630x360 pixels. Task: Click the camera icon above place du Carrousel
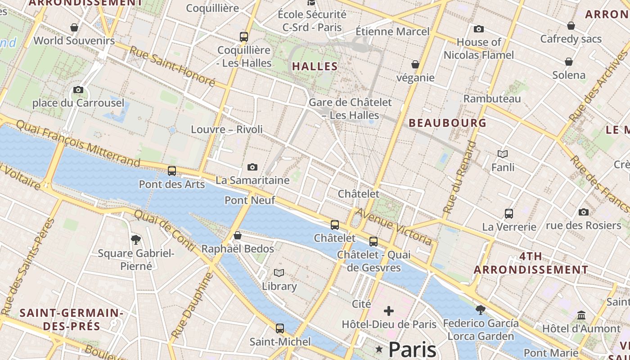click(x=78, y=90)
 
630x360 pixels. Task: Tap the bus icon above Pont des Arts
click(x=171, y=171)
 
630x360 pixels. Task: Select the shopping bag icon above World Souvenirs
click(x=74, y=28)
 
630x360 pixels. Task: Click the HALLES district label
click(x=315, y=67)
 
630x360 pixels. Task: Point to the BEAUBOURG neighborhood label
click(x=448, y=123)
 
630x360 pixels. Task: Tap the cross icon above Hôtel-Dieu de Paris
click(x=388, y=311)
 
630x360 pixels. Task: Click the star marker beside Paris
click(x=379, y=349)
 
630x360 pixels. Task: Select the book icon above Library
click(x=279, y=273)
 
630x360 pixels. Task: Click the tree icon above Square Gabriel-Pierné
click(x=135, y=240)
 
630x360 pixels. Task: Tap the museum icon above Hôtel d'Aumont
click(x=581, y=315)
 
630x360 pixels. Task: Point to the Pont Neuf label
click(x=250, y=200)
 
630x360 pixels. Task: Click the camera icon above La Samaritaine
click(x=252, y=167)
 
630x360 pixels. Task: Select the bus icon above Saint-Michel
click(x=280, y=328)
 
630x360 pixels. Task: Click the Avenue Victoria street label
click(x=394, y=227)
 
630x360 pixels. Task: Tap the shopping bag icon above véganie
click(x=415, y=65)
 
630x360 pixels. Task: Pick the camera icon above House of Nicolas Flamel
click(x=479, y=29)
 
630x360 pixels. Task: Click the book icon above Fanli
click(x=503, y=154)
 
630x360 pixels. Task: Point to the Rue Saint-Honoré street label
click(x=172, y=66)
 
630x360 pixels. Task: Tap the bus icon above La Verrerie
click(x=509, y=214)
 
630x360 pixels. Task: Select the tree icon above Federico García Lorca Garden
click(x=480, y=310)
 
